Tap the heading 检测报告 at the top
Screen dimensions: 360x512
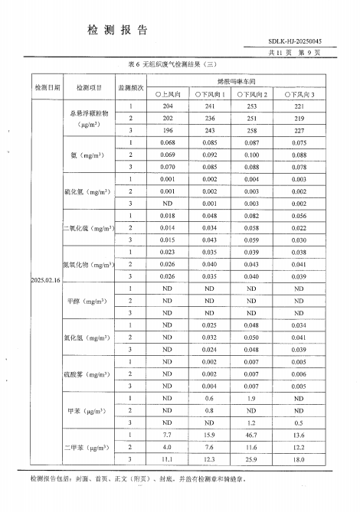[118, 29]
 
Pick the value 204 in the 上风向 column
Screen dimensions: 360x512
[167, 106]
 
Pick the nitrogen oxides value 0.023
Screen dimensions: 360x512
[167, 252]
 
